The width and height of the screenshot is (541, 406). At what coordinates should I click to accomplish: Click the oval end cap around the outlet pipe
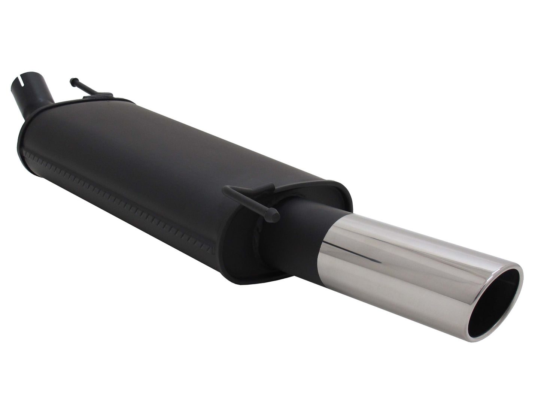coord(255,240)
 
